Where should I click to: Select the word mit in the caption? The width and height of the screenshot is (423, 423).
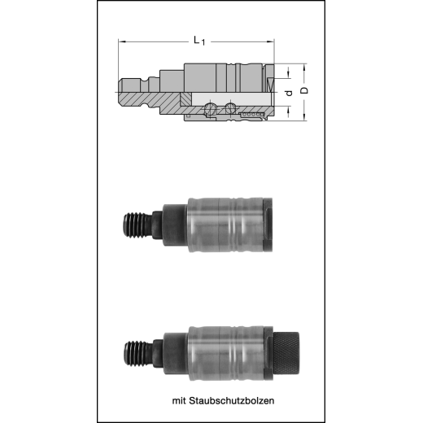tap(180, 400)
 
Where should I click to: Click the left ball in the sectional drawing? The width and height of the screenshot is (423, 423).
tap(214, 108)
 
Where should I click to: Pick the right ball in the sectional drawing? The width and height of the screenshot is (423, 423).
tap(232, 107)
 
